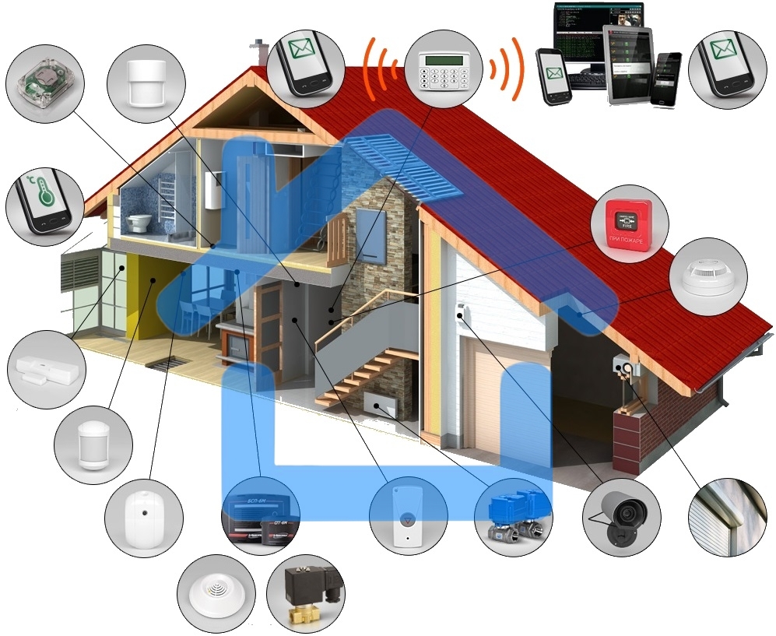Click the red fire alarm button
coord(630,220)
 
